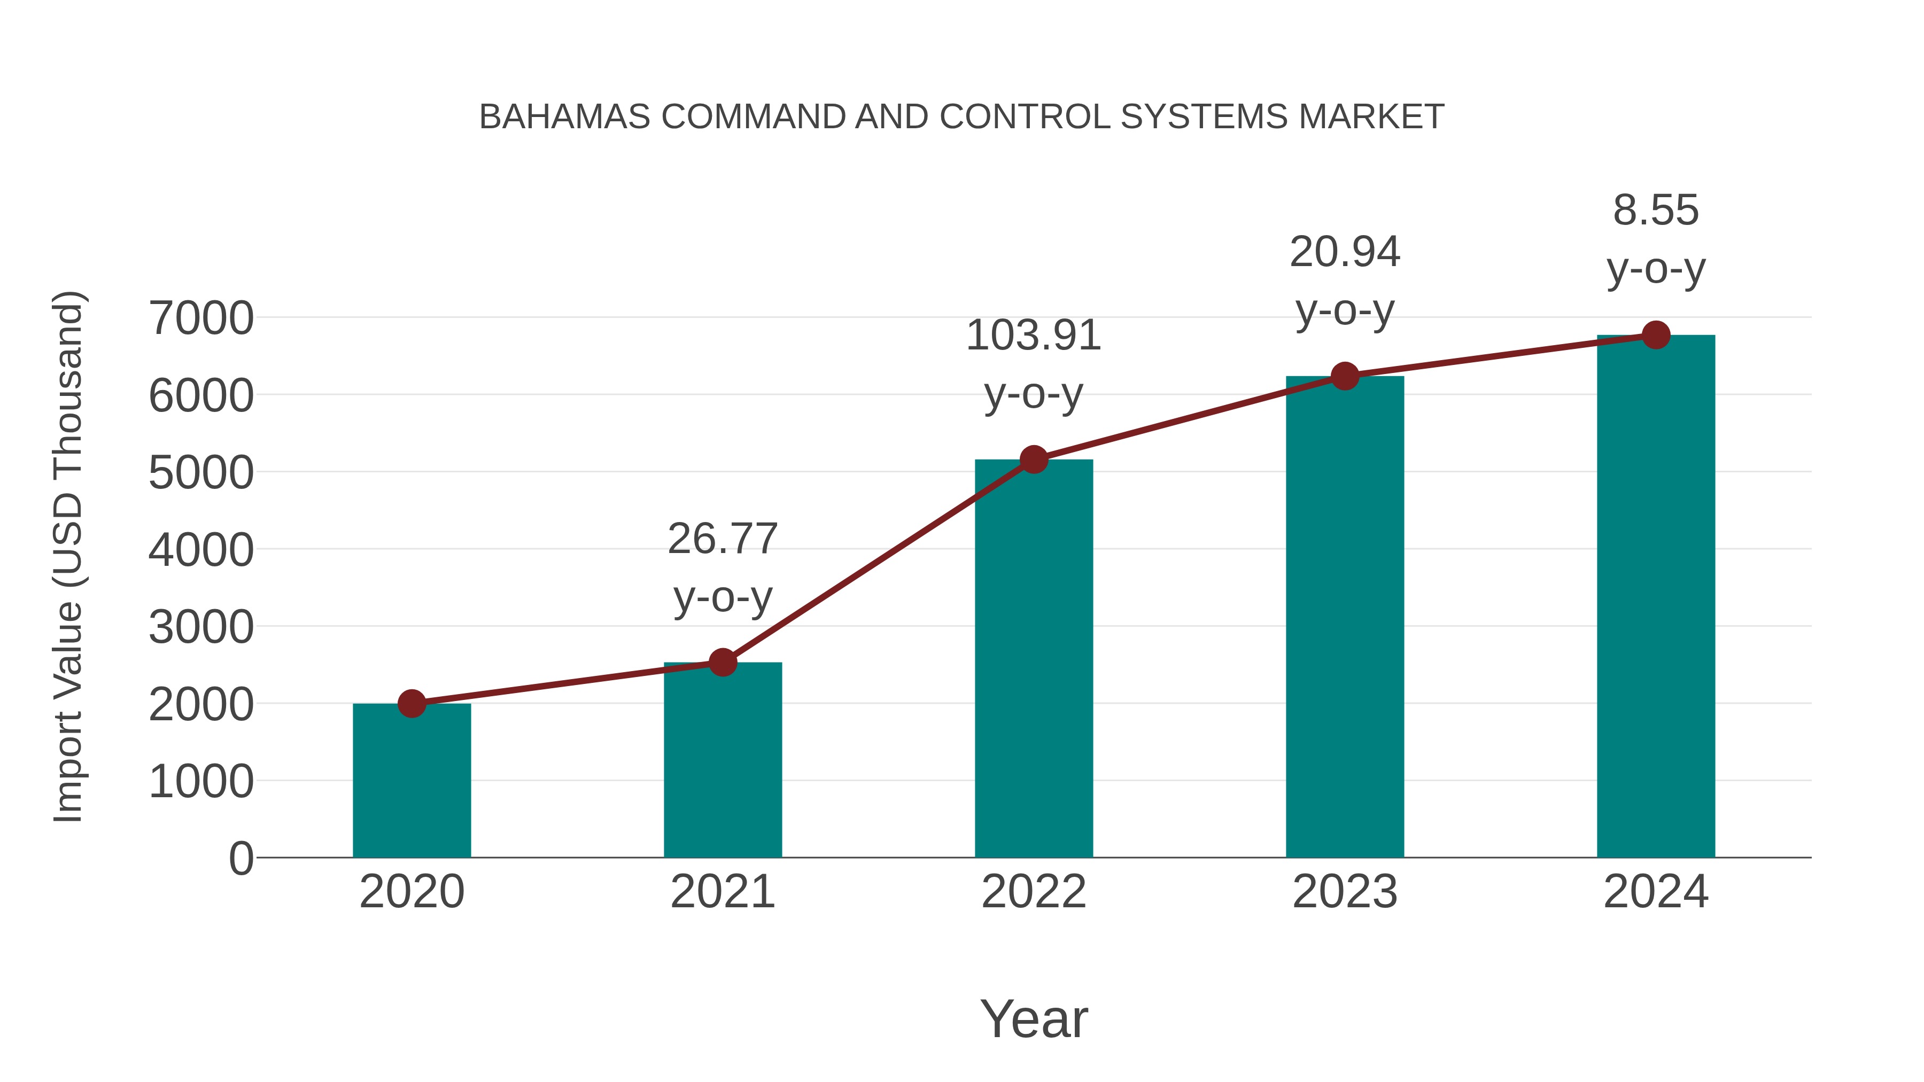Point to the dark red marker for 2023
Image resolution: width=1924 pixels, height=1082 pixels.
[x=1345, y=376]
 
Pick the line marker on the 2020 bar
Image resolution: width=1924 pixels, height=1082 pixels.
[x=412, y=703]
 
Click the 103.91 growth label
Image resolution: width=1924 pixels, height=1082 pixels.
[x=1033, y=335]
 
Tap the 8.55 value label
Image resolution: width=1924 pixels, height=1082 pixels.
[x=1656, y=211]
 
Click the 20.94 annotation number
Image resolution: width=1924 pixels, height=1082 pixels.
[x=1345, y=252]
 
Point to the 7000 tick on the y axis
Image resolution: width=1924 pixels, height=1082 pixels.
[x=201, y=318]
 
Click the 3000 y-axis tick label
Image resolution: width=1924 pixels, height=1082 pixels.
[x=201, y=627]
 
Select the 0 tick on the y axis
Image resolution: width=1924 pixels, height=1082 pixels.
[x=241, y=859]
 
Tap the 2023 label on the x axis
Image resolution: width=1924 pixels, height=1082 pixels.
[x=1345, y=892]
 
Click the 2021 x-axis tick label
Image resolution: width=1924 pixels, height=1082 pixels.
[x=722, y=892]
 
